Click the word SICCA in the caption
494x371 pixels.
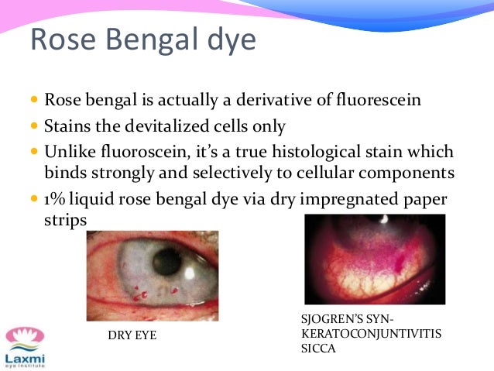[x=318, y=348]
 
